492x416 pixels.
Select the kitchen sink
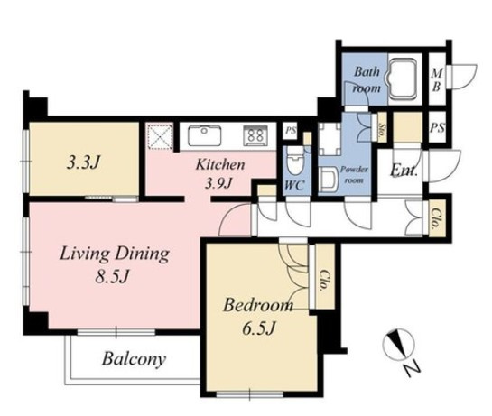click(204, 136)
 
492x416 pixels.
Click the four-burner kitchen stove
click(255, 136)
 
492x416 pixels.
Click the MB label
click(437, 80)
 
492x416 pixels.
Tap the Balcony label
click(134, 359)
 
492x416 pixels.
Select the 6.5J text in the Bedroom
click(259, 328)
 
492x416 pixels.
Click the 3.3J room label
click(83, 162)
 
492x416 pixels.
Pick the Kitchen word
click(220, 165)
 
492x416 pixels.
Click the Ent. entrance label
click(404, 171)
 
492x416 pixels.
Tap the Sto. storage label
click(382, 127)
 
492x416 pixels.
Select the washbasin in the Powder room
click(328, 180)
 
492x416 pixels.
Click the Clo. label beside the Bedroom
click(324, 281)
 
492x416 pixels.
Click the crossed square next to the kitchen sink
click(161, 136)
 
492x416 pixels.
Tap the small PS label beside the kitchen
click(291, 131)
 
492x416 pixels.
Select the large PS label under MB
click(437, 127)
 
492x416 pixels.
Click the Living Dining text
click(115, 254)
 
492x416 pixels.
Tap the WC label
click(293, 186)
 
